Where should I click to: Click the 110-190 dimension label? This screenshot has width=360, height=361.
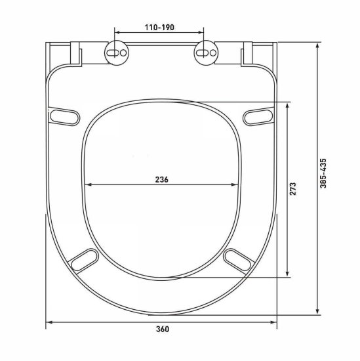tap(159, 28)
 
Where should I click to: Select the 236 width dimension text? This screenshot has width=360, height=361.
tap(162, 180)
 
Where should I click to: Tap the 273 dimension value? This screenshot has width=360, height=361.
tap(293, 189)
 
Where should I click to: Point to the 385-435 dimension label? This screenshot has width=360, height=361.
tap(323, 173)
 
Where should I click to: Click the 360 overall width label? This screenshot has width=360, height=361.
tap(163, 329)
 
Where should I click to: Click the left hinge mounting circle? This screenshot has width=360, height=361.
tap(117, 53)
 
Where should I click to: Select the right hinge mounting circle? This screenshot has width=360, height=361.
tap(207, 53)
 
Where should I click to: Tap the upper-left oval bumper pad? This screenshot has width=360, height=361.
tap(65, 117)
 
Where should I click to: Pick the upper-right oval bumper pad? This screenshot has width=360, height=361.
tap(258, 117)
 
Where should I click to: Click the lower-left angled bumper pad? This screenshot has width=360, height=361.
tap(85, 260)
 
